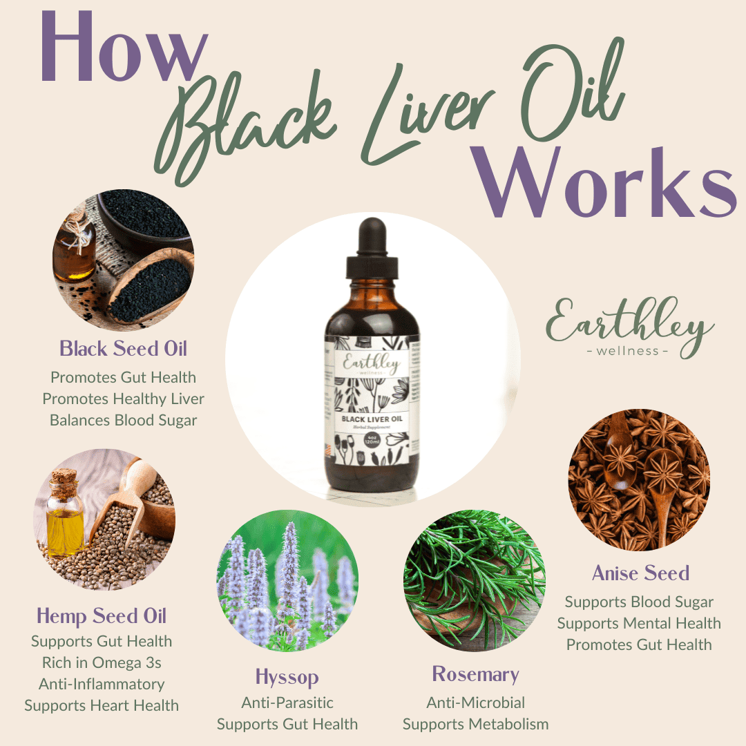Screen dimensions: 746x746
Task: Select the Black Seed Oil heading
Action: (x=123, y=349)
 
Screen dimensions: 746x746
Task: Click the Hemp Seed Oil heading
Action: (x=102, y=616)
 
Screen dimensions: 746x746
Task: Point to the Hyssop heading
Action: (x=287, y=676)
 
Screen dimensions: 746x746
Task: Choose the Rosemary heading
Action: (x=475, y=674)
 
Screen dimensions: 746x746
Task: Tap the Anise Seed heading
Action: (x=640, y=573)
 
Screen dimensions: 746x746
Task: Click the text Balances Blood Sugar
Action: (x=123, y=420)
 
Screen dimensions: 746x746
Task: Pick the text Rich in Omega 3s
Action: (x=102, y=662)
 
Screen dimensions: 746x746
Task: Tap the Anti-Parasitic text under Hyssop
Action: (x=287, y=702)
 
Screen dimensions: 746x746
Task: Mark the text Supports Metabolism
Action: (x=475, y=724)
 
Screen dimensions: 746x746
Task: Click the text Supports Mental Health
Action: (x=639, y=623)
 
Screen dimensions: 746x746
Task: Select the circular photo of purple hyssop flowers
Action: (x=287, y=580)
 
